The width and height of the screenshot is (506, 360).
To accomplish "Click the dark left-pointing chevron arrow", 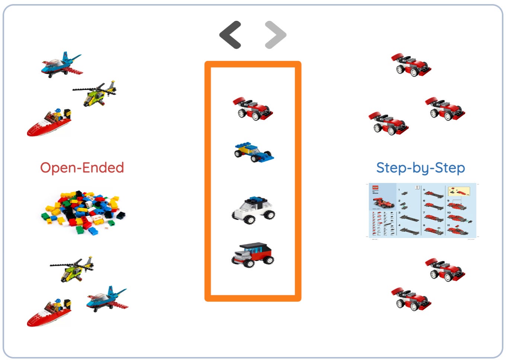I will click(230, 35).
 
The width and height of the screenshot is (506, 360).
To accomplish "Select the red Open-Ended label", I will click(82, 168).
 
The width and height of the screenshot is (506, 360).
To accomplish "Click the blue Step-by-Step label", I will click(420, 168).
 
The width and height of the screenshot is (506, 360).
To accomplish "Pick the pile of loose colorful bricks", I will click(83, 212).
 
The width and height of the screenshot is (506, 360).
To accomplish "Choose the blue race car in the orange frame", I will click(253, 152).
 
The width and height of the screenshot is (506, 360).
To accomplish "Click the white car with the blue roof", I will click(253, 210).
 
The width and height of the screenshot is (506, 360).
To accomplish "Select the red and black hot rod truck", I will click(253, 255).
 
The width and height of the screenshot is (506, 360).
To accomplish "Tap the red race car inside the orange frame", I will click(253, 109).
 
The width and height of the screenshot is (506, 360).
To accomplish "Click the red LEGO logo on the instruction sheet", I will click(375, 187).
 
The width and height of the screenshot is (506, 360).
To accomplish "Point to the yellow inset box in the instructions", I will click(459, 192).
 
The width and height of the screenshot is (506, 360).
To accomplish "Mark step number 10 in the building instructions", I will click(449, 213).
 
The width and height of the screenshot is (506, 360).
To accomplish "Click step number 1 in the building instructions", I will click(399, 190).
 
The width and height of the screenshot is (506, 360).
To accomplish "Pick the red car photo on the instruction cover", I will click(383, 203).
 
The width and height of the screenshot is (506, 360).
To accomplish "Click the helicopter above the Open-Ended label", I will click(95, 93).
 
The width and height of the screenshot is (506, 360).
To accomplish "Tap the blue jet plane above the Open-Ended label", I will click(61, 65).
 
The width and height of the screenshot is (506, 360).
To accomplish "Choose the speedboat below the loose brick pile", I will click(49, 312).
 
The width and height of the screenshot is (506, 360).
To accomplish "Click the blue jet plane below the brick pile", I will click(107, 299).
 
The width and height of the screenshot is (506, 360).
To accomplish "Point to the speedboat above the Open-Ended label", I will click(49, 122).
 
